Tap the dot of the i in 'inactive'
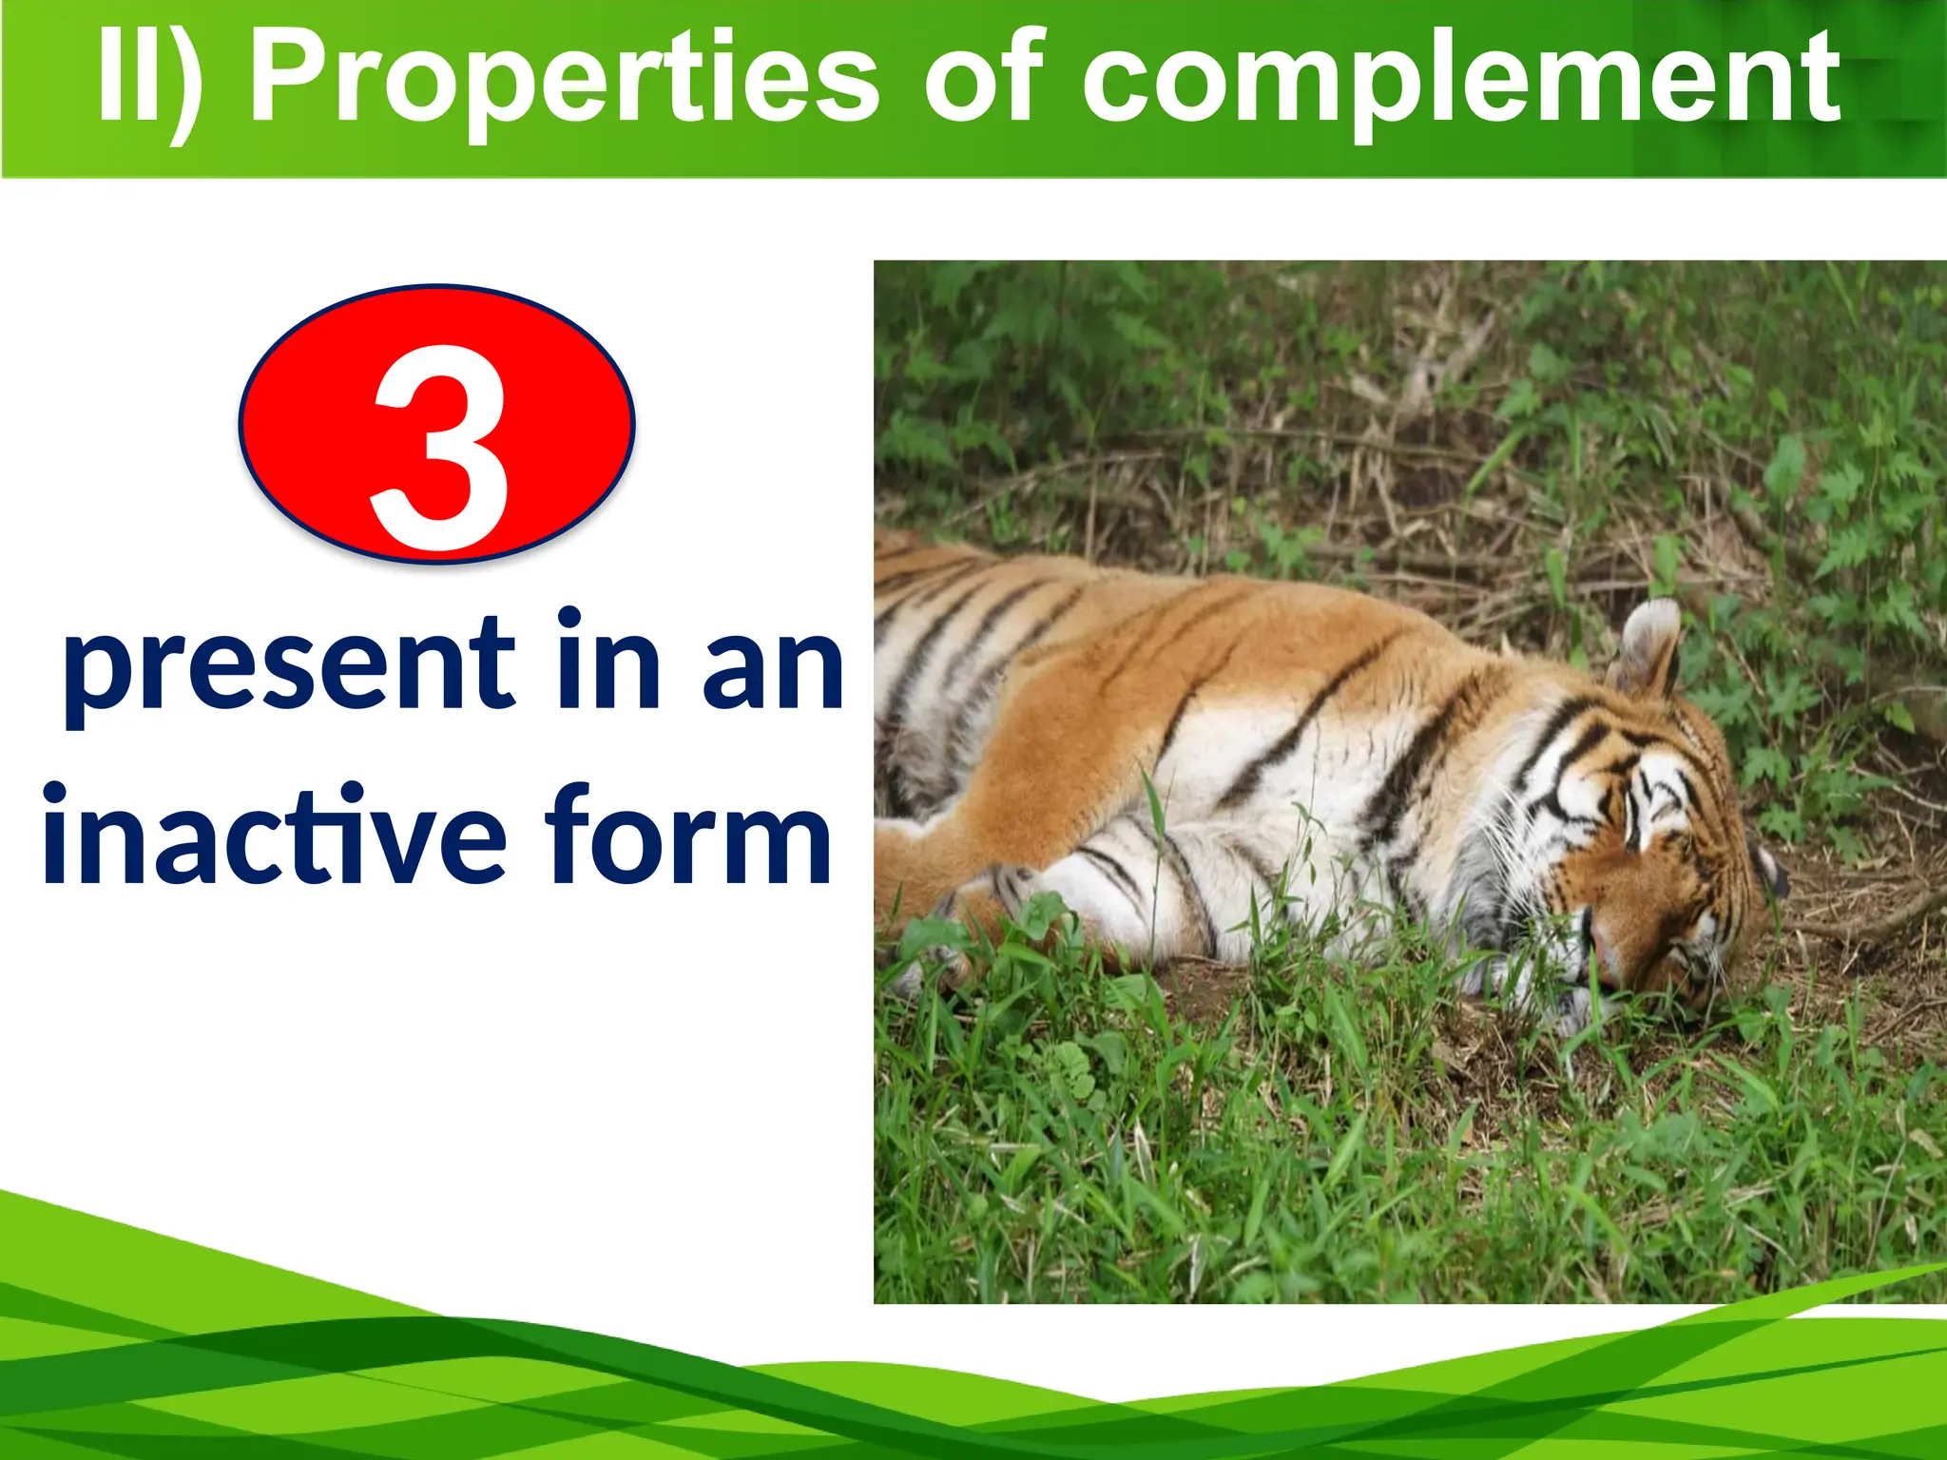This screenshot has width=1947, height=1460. pos(54,792)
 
